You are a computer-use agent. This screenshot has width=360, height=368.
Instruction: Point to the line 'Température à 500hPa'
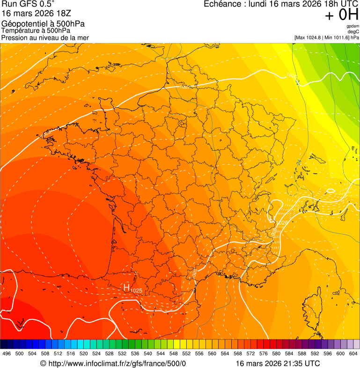tap(36, 31)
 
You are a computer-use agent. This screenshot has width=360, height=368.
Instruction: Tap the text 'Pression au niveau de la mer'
tap(45, 37)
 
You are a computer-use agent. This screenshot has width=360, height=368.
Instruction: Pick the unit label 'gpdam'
tap(353, 26)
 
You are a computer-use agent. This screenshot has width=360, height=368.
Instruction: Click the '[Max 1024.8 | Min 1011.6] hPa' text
tap(327, 37)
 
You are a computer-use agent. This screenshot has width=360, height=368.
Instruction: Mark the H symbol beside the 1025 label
tap(126, 287)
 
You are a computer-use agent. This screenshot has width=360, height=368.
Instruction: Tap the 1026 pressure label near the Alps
tap(282, 222)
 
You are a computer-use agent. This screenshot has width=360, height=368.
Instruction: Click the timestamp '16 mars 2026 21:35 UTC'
tap(278, 363)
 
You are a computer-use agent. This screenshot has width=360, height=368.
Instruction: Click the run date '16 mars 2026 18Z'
tap(37, 14)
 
